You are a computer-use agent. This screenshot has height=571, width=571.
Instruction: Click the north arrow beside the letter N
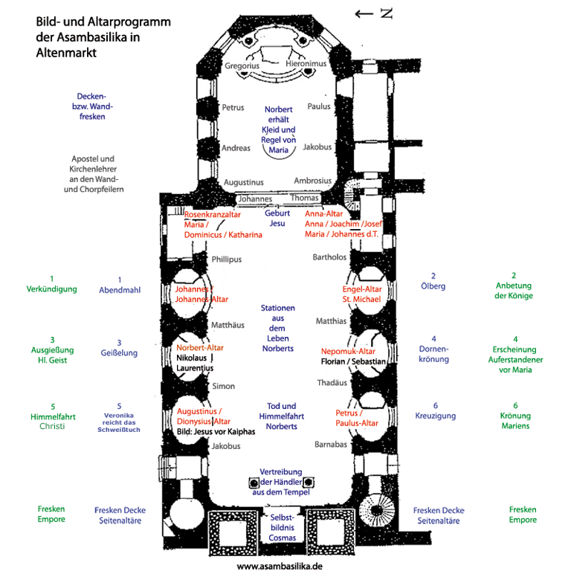pos(364,13)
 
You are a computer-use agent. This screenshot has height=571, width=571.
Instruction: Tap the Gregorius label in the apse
pos(242,66)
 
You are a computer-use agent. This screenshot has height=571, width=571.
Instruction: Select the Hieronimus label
pos(306,65)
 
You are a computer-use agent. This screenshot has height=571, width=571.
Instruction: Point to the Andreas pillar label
pos(236,148)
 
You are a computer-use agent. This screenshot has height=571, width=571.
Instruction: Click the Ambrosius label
pos(312,181)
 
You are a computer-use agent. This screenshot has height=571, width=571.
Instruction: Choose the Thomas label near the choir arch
pos(304,199)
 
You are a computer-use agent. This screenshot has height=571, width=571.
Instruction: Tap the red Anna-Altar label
pos(325,214)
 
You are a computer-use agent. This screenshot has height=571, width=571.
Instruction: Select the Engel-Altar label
pos(362,288)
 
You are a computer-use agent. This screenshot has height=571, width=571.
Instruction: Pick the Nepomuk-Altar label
pos(348,351)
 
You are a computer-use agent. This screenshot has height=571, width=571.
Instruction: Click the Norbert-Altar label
pos(200,347)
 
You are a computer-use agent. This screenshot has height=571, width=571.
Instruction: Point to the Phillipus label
pos(227,259)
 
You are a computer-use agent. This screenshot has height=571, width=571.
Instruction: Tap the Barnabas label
pos(331,445)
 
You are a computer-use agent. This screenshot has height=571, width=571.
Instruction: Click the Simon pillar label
pos(224,387)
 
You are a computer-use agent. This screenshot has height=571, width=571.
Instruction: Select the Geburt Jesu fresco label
pos(277,218)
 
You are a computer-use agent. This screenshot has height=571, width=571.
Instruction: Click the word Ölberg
pos(433,286)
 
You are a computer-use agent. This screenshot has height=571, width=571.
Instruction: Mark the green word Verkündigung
pos(52,289)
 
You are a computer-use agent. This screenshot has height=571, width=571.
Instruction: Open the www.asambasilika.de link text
pos(280,565)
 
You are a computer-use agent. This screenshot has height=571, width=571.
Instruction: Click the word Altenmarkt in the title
pos(66,54)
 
